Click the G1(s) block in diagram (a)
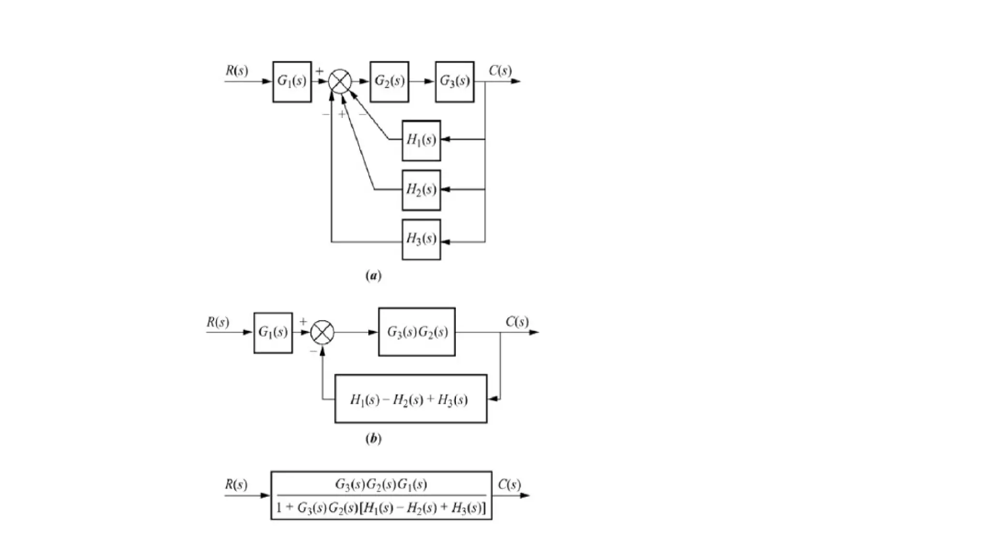291,82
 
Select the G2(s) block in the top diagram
389,82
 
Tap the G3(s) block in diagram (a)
454,82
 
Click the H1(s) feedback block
421,140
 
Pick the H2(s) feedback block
421,190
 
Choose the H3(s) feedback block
421,239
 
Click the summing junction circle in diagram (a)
340,81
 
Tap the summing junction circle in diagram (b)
322,332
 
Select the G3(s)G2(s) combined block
417,332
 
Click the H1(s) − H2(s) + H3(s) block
410,399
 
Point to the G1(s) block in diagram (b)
273,333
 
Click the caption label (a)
373,276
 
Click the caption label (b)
373,439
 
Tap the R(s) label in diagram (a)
236,71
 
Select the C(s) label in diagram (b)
517,322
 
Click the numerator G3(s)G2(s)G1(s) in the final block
381,484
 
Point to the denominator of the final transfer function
381,508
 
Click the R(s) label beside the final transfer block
236,484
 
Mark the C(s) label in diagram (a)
500,71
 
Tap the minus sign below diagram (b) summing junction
313,351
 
